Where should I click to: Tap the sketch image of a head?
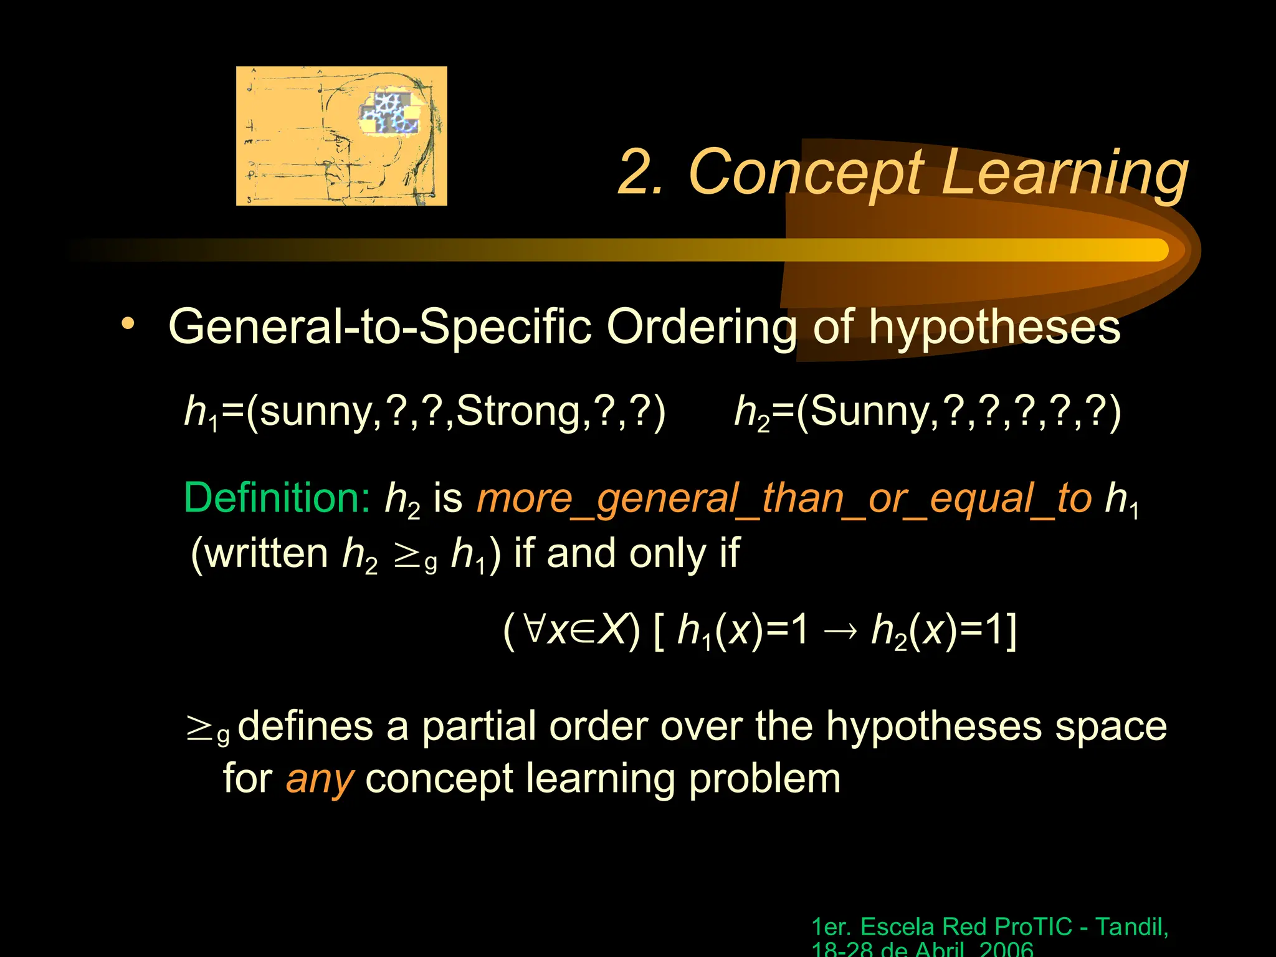tap(341, 136)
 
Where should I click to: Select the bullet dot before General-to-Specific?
tap(128, 323)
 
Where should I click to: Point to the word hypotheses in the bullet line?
tap(994, 326)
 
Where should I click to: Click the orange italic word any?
tap(319, 779)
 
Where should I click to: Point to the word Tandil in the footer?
tap(1131, 927)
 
